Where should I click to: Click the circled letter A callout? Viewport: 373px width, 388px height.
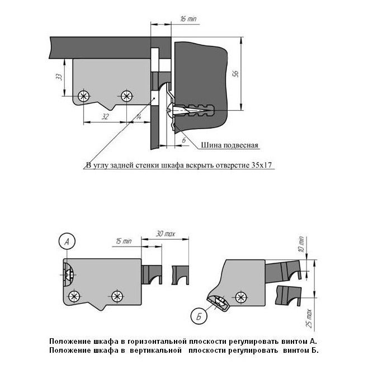point(67,242)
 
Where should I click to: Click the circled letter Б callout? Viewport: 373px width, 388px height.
point(199,316)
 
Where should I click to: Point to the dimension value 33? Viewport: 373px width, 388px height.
point(59,77)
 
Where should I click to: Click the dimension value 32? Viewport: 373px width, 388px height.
point(105,117)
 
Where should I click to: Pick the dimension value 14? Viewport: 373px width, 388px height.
point(138,117)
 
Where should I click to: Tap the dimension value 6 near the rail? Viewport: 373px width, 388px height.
point(184,139)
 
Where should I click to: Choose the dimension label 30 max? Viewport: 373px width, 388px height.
point(166,233)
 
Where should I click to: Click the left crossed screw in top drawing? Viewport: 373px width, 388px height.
point(84,96)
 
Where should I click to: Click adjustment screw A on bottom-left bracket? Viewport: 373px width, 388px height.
point(68,275)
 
